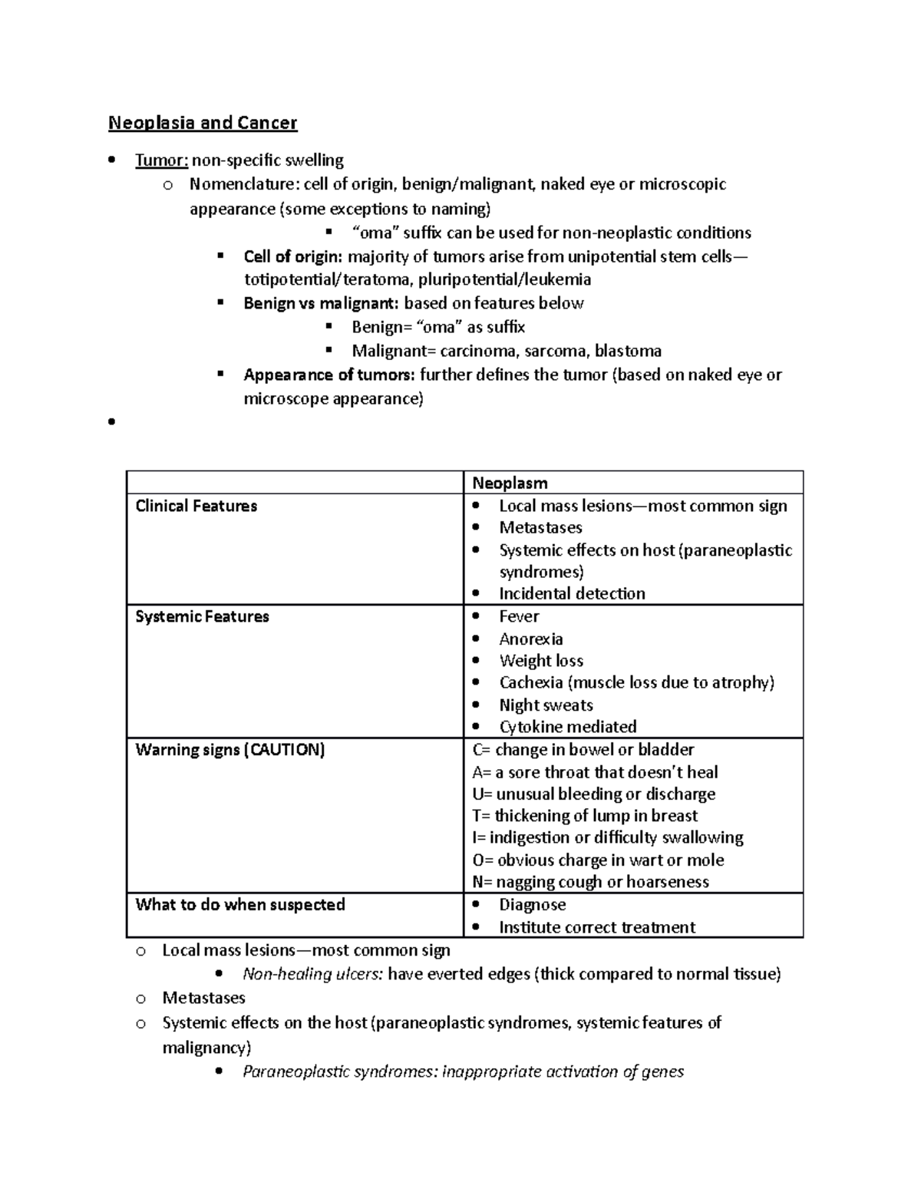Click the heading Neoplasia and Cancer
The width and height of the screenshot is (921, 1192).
pos(203,123)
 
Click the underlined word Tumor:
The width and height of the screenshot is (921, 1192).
pos(161,160)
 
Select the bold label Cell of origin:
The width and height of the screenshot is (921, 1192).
pos(293,256)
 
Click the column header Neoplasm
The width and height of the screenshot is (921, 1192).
pos(510,483)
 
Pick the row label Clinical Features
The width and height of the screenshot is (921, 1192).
pos(196,506)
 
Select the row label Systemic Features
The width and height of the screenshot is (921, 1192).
pos(202,616)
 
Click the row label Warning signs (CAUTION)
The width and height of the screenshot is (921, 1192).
pos(229,750)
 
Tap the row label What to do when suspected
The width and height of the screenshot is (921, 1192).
pos(240,905)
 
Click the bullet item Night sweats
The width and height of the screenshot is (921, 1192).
pos(546,705)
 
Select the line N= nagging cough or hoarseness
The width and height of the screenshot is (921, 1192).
pos(590,882)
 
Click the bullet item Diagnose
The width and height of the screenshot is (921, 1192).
pos(532,905)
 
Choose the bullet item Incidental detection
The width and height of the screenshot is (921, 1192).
pos(572,593)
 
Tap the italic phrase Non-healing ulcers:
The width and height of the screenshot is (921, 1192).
pos(313,975)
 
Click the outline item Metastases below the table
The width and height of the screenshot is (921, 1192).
pos(203,998)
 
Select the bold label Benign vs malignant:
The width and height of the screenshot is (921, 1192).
pos(321,303)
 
